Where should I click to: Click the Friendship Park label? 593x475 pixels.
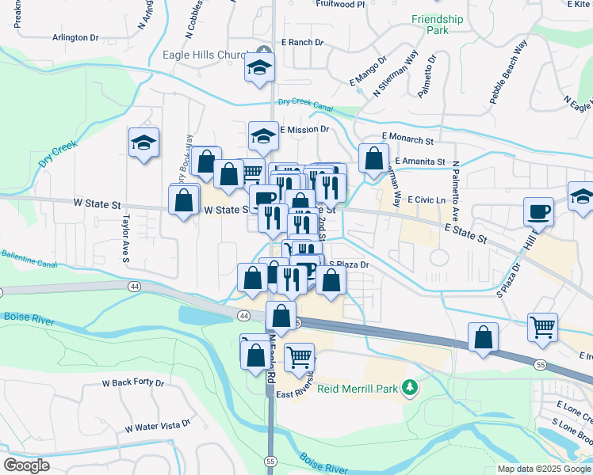tap(437, 25)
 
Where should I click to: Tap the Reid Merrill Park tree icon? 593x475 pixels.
tap(410, 388)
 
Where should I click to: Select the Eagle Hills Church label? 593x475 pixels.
tap(205, 55)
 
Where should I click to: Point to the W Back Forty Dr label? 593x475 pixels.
tap(132, 383)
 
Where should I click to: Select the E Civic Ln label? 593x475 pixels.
tap(428, 200)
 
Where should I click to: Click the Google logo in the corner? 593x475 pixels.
tap(26, 465)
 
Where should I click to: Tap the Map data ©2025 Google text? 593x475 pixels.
tap(544, 469)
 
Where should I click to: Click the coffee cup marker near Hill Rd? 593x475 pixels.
tap(539, 211)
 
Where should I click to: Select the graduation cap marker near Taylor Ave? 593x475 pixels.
tap(143, 142)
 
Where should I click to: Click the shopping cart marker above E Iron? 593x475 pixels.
tap(543, 326)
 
